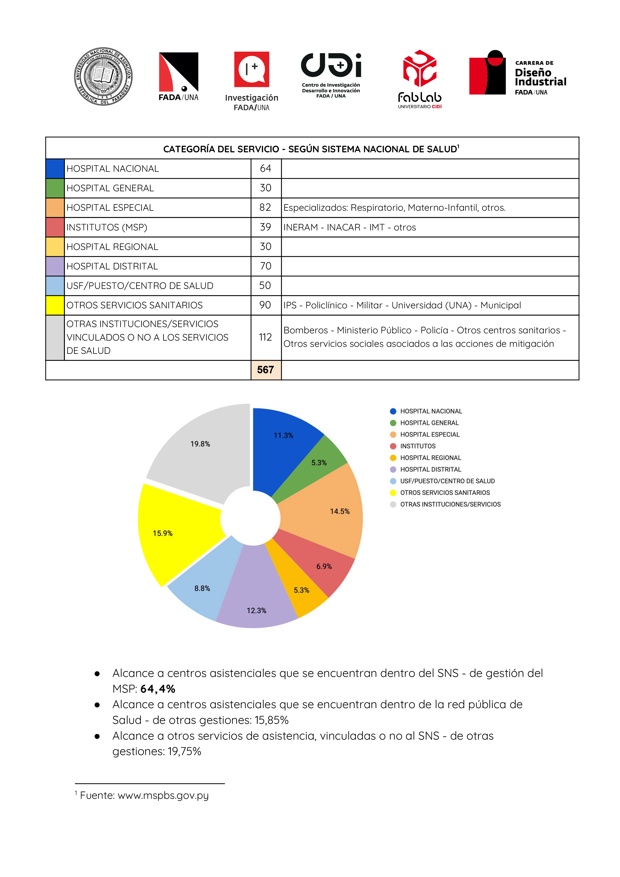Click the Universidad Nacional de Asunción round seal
click(103, 76)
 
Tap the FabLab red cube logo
click(419, 69)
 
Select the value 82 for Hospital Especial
click(265, 208)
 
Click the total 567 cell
click(265, 370)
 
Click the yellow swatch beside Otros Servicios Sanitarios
click(55, 305)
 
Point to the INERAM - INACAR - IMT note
click(349, 227)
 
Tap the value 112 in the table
click(265, 337)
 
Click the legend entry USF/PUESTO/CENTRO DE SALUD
click(447, 481)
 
